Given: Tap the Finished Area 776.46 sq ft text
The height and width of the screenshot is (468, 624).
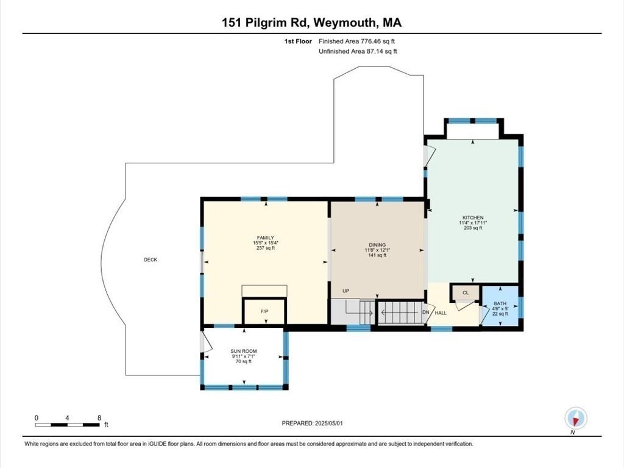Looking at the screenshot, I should (x=360, y=41).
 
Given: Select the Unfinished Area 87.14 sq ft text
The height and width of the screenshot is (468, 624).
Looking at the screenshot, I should (x=358, y=52).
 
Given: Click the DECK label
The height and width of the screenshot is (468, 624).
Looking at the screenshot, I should (x=150, y=260).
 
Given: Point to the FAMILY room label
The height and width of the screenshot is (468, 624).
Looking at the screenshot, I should (x=265, y=238).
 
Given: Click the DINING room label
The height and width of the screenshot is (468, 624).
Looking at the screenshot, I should (x=377, y=244).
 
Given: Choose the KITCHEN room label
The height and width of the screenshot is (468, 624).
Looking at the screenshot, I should (x=473, y=218).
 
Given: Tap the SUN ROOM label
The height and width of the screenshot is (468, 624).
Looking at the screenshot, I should (x=244, y=352).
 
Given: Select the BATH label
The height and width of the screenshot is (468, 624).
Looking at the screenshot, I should (x=500, y=303).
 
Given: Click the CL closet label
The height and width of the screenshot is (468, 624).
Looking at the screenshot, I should (x=466, y=293).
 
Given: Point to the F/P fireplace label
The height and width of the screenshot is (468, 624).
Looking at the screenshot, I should (x=264, y=311).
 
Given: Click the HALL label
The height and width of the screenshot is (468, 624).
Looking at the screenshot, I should (x=441, y=313).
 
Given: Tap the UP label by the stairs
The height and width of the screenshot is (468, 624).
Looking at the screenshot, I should (x=346, y=291).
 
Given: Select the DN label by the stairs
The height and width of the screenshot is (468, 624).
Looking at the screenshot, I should (x=426, y=313).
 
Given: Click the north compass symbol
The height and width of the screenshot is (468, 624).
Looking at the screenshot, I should (x=575, y=418).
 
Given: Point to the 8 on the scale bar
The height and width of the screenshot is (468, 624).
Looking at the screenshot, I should (x=99, y=418).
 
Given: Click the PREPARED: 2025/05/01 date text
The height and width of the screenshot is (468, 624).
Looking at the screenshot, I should (x=316, y=423).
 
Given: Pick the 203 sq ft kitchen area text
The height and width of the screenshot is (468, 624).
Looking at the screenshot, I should (x=473, y=228).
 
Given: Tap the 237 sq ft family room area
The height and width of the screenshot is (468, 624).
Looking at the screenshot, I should (x=265, y=248).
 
